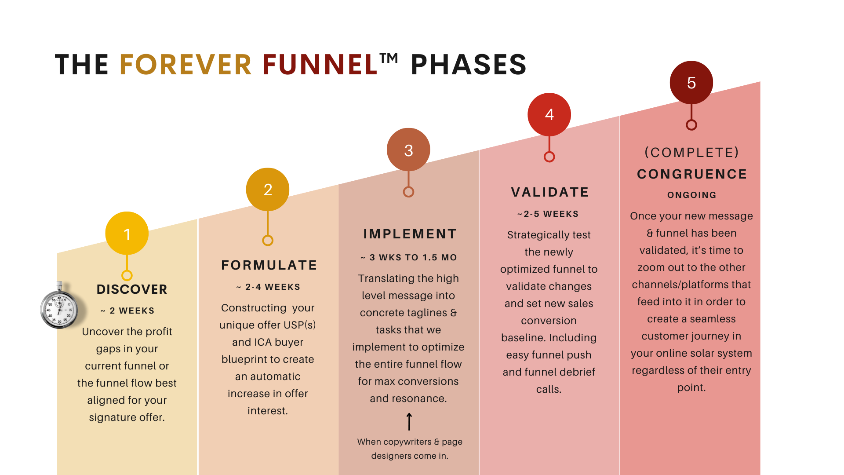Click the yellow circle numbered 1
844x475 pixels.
point(127,234)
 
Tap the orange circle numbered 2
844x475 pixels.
point(268,190)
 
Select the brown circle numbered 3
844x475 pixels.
point(408,150)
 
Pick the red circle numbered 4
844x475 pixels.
point(549,114)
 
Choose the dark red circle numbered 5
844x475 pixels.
point(691,83)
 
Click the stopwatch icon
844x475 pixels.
point(59,307)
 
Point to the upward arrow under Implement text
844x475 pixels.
point(409,421)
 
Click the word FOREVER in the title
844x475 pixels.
point(186,65)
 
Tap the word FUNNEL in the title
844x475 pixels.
point(320,65)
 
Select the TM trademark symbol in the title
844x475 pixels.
point(389,58)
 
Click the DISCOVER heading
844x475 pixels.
point(132,289)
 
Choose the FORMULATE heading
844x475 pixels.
point(269,265)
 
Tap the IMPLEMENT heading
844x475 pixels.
point(410,234)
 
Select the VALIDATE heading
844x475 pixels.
point(550,192)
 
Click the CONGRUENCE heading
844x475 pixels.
point(692,174)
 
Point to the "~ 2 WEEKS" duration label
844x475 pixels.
point(127,311)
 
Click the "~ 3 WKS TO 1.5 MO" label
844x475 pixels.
point(409,258)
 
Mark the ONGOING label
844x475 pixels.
point(691,195)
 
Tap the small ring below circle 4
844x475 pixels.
point(549,157)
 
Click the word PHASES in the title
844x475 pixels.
point(469,65)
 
